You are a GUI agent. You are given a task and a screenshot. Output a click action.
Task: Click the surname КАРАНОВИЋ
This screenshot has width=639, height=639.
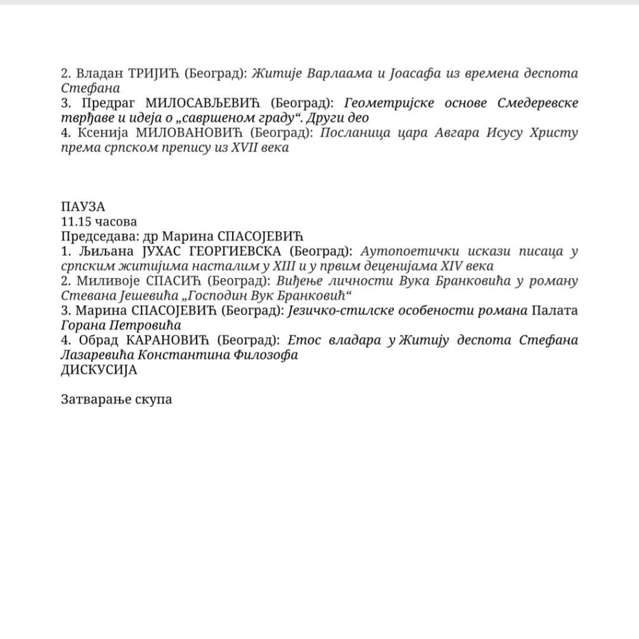169,341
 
